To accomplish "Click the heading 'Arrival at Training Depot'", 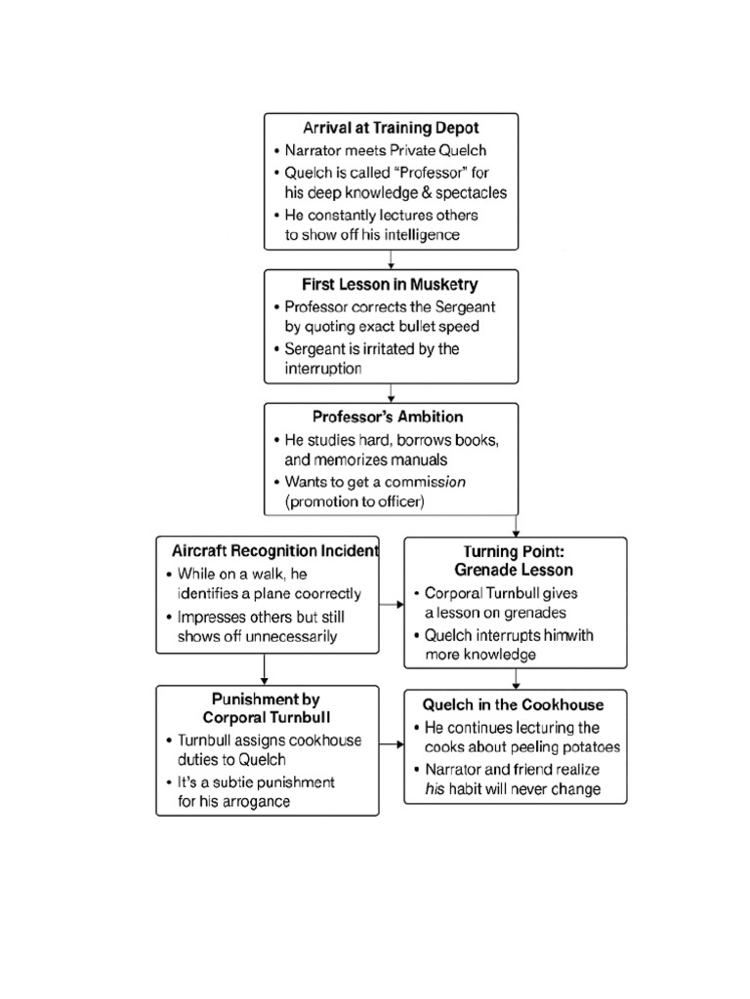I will tap(391, 128).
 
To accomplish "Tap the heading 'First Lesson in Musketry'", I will tap(391, 285).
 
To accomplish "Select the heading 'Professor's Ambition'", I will tap(391, 417).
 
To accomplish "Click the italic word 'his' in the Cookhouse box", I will tap(436, 789).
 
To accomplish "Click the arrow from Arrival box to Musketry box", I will tap(391, 260).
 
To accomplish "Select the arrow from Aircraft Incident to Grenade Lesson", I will tap(391, 605).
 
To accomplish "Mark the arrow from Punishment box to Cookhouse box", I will tap(391, 745).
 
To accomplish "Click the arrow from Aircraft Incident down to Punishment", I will tap(265, 668).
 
